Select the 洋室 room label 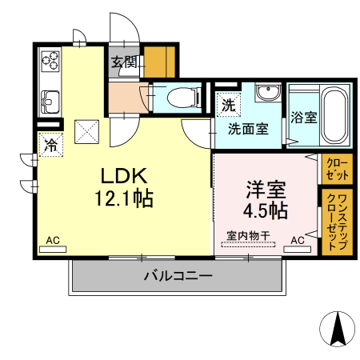[x=266, y=190]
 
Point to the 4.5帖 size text [x=266, y=211]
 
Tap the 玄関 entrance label [x=124, y=62]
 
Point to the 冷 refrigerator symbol [x=50, y=146]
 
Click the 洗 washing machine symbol [x=226, y=104]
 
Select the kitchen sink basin [x=50, y=101]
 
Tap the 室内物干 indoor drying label [x=249, y=235]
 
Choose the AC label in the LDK [x=53, y=239]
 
